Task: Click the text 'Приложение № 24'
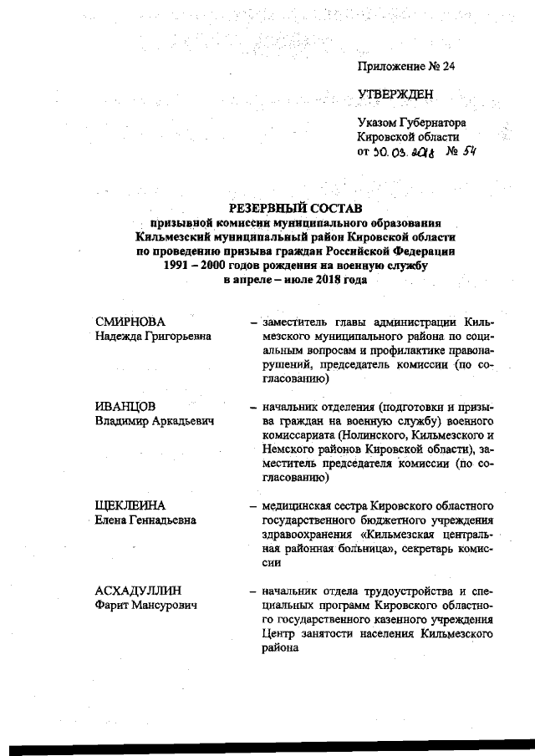coord(405,65)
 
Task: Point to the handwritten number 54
coord(478,151)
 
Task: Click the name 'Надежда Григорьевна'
coord(153,336)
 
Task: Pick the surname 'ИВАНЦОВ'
coord(125,407)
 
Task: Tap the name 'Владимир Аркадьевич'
coord(155,421)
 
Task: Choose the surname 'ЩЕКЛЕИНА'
coord(130,506)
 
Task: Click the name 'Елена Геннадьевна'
coord(146,520)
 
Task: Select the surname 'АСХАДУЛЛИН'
coord(138,591)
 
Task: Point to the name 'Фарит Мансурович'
coord(146,606)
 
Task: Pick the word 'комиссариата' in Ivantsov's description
coord(302,435)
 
